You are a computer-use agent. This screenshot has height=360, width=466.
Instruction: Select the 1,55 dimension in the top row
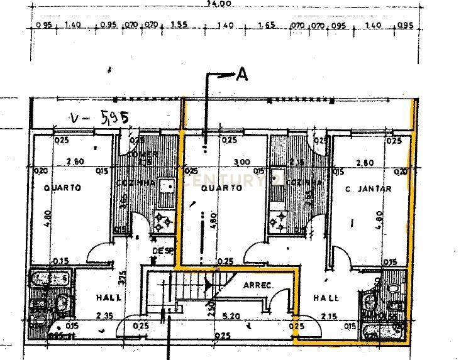[179, 26]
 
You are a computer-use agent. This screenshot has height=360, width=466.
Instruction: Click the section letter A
[241, 75]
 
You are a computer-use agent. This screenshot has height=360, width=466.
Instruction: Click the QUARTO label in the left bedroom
[63, 188]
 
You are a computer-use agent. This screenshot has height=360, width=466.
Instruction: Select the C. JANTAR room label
[369, 188]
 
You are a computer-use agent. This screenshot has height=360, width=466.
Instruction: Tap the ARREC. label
[257, 285]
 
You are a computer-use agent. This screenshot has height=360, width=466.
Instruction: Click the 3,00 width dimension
[224, 162]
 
